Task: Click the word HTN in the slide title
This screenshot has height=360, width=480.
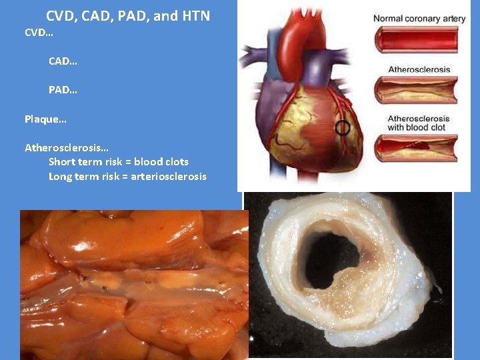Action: tap(195, 16)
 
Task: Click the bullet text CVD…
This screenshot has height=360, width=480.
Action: tap(38, 32)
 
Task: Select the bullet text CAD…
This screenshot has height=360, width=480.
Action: tap(63, 61)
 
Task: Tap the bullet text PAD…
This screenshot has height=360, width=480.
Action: tap(63, 89)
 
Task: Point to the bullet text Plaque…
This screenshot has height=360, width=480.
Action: tap(45, 119)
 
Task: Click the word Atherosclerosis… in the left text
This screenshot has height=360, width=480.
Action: tap(61, 147)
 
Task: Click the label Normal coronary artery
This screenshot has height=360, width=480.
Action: tap(419, 19)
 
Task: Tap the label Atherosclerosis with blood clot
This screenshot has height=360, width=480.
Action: tap(418, 123)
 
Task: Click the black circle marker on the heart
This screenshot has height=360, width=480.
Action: tap(343, 128)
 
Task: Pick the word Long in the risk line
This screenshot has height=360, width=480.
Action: tap(62, 177)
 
